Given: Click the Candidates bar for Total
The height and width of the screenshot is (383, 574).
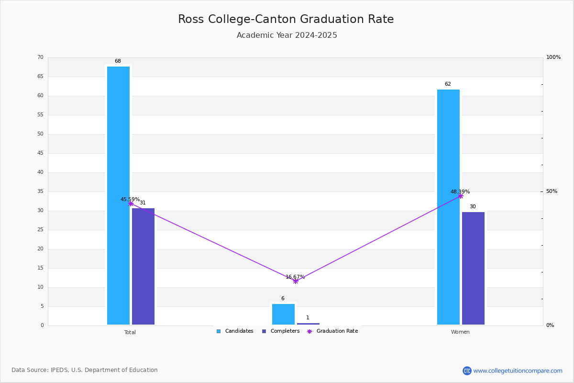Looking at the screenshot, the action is [118, 195].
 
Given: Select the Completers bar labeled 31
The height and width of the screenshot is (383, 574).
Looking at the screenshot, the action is [143, 266].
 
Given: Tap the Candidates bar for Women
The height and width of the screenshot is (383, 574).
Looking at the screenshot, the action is [448, 207].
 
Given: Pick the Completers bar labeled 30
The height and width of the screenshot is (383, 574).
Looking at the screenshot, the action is [473, 268].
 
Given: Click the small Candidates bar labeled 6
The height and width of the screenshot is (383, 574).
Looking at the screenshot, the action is [283, 314].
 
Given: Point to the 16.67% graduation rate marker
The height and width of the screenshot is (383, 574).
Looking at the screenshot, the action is [296, 281].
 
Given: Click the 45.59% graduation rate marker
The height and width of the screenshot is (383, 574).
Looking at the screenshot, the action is [131, 203].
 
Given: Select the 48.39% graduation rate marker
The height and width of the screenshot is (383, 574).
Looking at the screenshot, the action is [461, 196].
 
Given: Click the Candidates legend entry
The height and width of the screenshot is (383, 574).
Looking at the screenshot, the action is [235, 331].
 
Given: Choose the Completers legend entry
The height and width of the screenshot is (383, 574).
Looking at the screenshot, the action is [281, 331].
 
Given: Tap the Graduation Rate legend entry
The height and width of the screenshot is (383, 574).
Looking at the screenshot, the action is [332, 331].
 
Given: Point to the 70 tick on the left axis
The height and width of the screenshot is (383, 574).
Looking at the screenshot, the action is [41, 57].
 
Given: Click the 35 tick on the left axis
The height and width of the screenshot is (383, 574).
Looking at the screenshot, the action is [41, 191].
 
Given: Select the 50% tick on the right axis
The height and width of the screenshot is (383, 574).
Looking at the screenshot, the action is [552, 191].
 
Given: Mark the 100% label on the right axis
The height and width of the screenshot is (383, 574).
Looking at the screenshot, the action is [553, 57].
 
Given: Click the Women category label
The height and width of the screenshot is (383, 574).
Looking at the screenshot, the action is [460, 332].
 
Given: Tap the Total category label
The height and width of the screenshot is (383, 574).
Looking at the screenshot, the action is [130, 332].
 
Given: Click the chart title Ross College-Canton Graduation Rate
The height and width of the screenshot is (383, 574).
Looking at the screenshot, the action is [286, 19].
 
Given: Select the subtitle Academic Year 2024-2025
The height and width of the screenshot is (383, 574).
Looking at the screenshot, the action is [287, 35].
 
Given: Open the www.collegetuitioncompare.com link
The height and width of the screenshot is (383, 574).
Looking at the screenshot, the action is [518, 371].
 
